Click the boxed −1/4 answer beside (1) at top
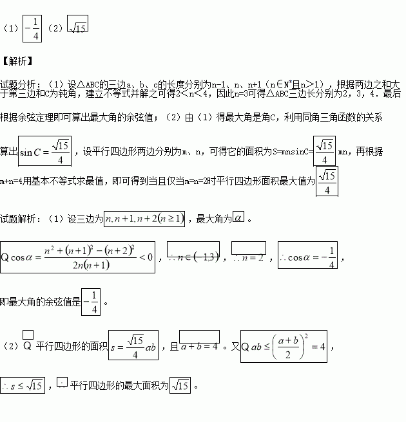pyautogui.click(x=32, y=28)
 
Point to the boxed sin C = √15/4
pyautogui.click(x=44, y=151)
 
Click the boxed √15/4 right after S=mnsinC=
pyautogui.click(x=324, y=151)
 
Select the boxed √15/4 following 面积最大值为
pyautogui.click(x=327, y=182)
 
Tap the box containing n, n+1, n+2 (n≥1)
pyautogui.click(x=145, y=219)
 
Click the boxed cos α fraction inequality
pyautogui.click(x=78, y=257)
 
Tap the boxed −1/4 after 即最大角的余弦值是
pyautogui.click(x=92, y=300)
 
